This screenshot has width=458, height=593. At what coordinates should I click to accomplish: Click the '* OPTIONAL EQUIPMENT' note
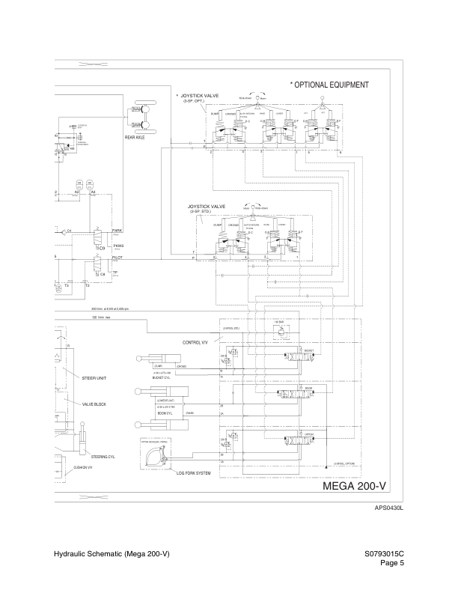point(329,85)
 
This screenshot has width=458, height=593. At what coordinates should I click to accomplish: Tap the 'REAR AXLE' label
point(135,138)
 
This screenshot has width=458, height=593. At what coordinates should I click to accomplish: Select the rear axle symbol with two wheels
point(141,118)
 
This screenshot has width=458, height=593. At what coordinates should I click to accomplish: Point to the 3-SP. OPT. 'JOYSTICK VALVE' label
point(198,96)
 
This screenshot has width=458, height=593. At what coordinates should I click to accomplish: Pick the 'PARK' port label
point(117,231)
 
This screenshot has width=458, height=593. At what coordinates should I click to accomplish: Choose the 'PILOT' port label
point(117,256)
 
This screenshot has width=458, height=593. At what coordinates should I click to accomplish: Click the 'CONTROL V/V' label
point(194,342)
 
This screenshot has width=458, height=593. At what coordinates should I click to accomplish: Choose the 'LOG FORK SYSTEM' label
point(193,473)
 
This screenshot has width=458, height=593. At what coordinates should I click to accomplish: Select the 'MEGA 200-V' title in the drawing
point(359,487)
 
